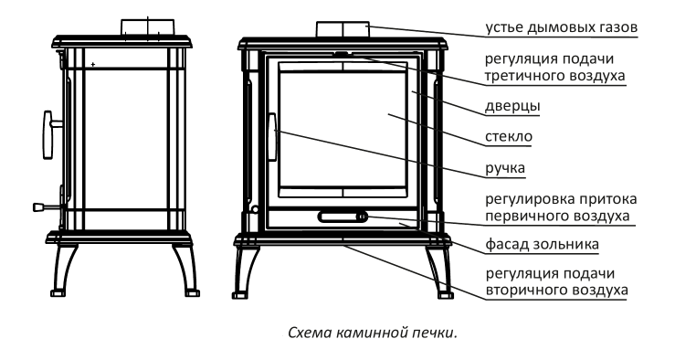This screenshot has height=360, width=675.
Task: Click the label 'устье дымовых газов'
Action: (x=562, y=27)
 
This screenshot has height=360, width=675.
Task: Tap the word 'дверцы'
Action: (x=512, y=106)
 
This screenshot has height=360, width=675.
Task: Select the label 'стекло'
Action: (x=509, y=136)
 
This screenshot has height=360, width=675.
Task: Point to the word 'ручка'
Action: (x=505, y=168)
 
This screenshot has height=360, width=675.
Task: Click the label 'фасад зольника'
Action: (x=542, y=244)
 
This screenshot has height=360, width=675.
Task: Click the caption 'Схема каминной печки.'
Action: (x=372, y=333)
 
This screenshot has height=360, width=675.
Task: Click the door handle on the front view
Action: (x=272, y=137)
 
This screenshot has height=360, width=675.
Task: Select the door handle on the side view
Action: (x=48, y=135)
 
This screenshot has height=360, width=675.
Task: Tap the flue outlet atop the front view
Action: (x=343, y=29)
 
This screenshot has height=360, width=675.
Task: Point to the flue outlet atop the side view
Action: (x=148, y=27)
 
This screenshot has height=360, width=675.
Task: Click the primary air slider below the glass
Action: (x=343, y=217)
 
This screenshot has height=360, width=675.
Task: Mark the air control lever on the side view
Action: (x=48, y=207)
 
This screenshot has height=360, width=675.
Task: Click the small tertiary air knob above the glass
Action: (x=342, y=54)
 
